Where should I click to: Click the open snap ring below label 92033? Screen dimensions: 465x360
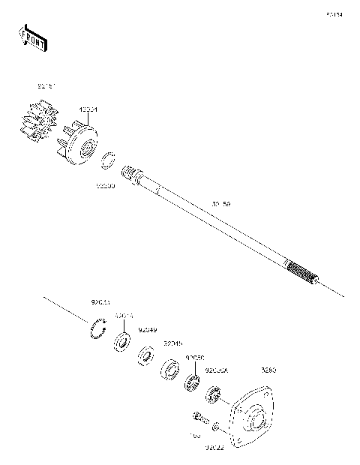[95, 330]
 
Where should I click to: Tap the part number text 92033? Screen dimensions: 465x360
[100, 302]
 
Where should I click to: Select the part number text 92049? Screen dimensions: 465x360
[147, 330]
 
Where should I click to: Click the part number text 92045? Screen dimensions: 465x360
[173, 343]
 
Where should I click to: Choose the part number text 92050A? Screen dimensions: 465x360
[217, 370]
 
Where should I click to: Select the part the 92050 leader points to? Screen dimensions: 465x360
[192, 382]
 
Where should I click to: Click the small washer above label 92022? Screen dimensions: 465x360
[215, 428]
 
